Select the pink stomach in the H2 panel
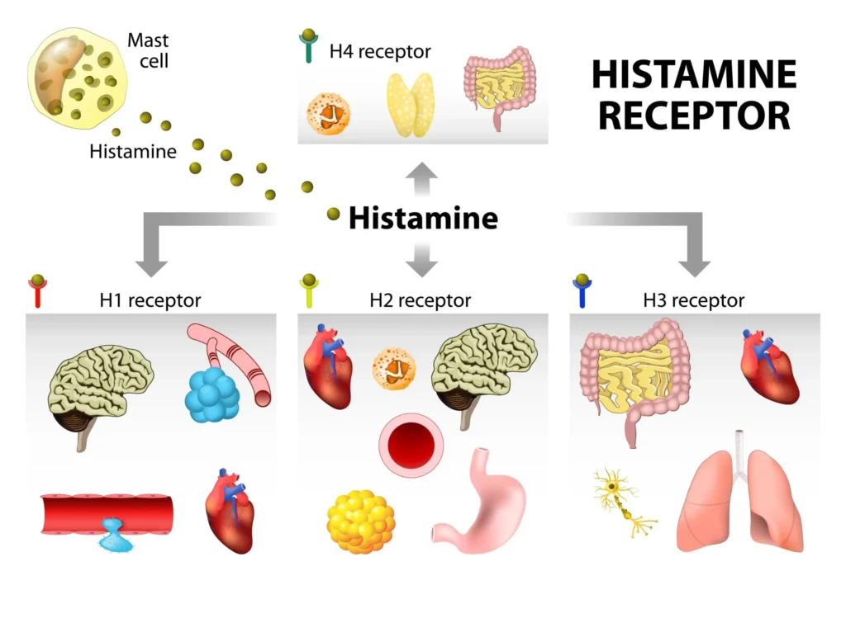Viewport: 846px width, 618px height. (x=475, y=503)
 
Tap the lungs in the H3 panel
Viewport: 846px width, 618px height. (x=739, y=503)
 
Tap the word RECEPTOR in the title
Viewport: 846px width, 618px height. (x=694, y=115)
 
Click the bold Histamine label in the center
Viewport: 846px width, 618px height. (x=423, y=218)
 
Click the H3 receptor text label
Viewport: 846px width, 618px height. (x=693, y=301)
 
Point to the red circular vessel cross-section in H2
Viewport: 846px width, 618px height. (x=411, y=446)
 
